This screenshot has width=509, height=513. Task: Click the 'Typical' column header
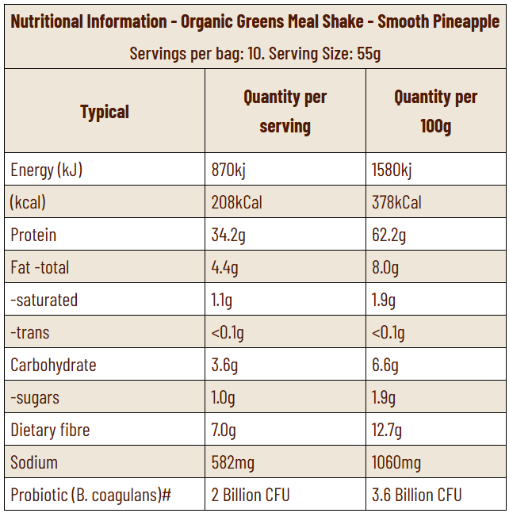tap(104, 112)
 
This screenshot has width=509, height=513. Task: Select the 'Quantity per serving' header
tap(285, 111)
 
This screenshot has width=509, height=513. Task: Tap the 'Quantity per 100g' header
tap(435, 111)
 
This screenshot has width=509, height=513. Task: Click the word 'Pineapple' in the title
tap(461, 21)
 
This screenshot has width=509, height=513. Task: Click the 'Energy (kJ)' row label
tap(46, 170)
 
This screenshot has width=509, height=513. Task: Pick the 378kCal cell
tap(396, 202)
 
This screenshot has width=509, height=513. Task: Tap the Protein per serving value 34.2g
tap(229, 235)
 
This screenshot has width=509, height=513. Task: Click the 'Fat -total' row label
tap(40, 267)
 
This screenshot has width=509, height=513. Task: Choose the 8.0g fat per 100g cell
tap(385, 267)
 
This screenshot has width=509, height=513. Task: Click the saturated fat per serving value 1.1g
tap(223, 300)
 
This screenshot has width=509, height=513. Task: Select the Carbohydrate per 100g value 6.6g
tap(385, 365)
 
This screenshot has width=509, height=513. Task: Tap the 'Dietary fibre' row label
tap(50, 430)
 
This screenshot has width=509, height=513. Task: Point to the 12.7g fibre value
tap(387, 430)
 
